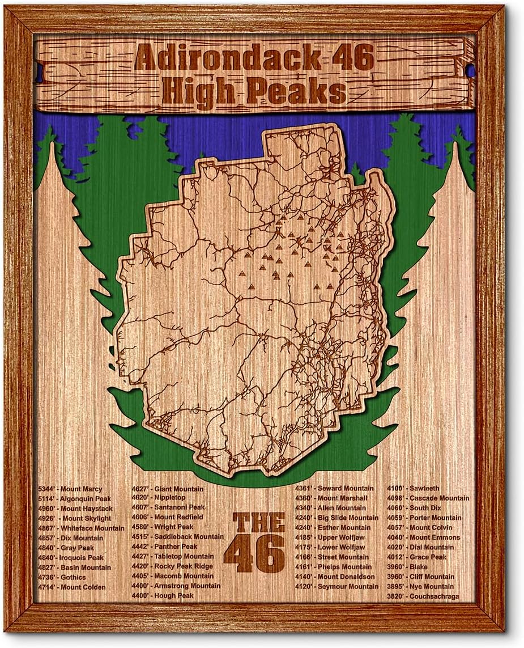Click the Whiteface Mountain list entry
click(81, 528)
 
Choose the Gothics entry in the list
click(62, 577)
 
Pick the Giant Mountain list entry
click(167, 489)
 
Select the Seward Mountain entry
click(334, 488)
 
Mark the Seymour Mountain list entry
click(336, 586)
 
